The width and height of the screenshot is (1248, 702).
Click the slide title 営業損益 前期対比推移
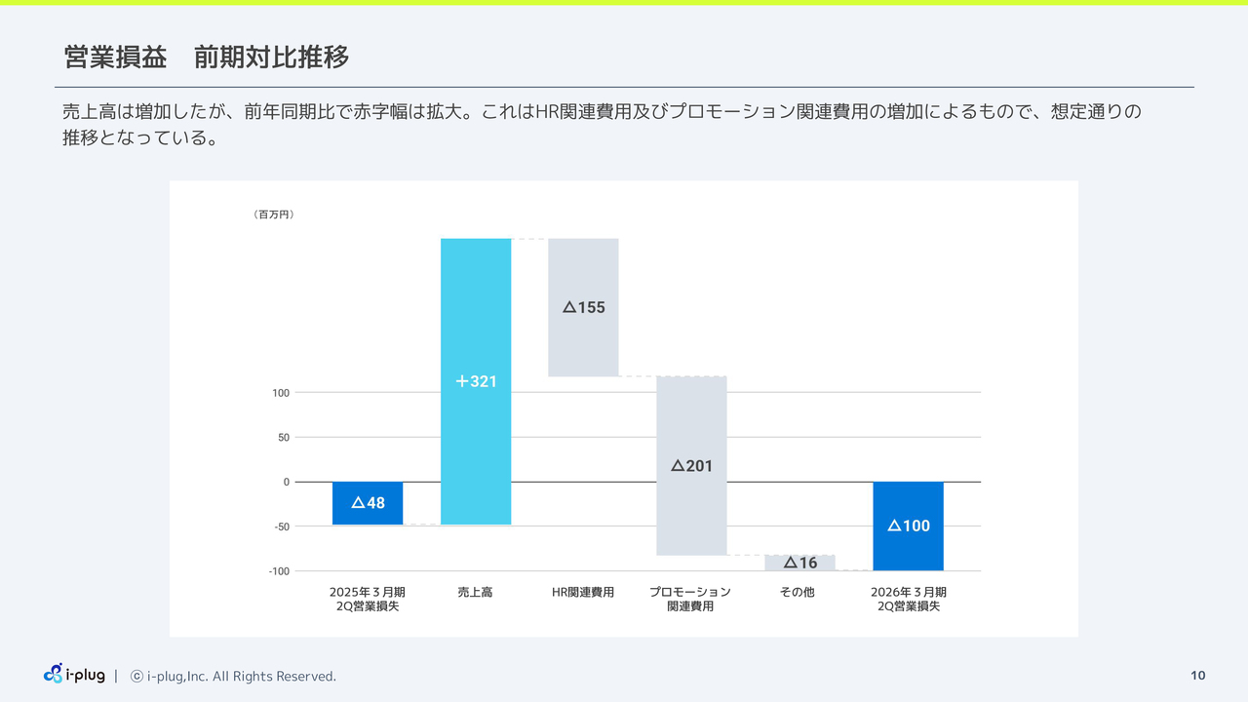[206, 58]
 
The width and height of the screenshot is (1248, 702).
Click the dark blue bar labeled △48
[368, 503]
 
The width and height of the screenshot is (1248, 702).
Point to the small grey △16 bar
[799, 563]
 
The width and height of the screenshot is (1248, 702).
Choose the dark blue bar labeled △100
[908, 526]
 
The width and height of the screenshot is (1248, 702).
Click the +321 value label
[476, 381]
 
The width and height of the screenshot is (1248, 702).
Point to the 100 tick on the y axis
[281, 393]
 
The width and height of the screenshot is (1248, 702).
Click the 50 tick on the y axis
[283, 438]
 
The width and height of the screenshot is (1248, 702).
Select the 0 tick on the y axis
[286, 482]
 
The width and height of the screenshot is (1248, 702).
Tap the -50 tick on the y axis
[281, 526]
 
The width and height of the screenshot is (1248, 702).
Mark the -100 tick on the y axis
[279, 571]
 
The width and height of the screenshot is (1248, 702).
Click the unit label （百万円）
[273, 214]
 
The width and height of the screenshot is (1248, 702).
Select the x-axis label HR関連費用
[583, 592]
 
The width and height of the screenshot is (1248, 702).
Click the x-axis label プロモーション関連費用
[690, 599]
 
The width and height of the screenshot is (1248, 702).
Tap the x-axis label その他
[797, 592]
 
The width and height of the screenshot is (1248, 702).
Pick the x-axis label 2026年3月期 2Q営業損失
[908, 599]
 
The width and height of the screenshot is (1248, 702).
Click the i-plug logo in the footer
[74, 675]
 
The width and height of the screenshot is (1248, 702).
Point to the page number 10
[1198, 676]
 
